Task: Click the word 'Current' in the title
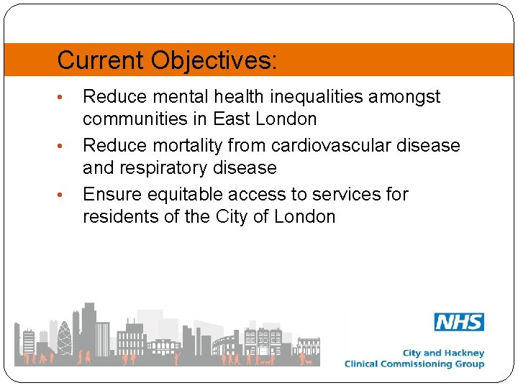click(x=101, y=60)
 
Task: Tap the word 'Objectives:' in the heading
click(x=214, y=60)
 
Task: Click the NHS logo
click(x=459, y=322)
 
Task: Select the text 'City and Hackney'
click(x=443, y=353)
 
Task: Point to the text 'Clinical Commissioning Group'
click(x=414, y=364)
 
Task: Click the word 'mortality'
click(x=188, y=146)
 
